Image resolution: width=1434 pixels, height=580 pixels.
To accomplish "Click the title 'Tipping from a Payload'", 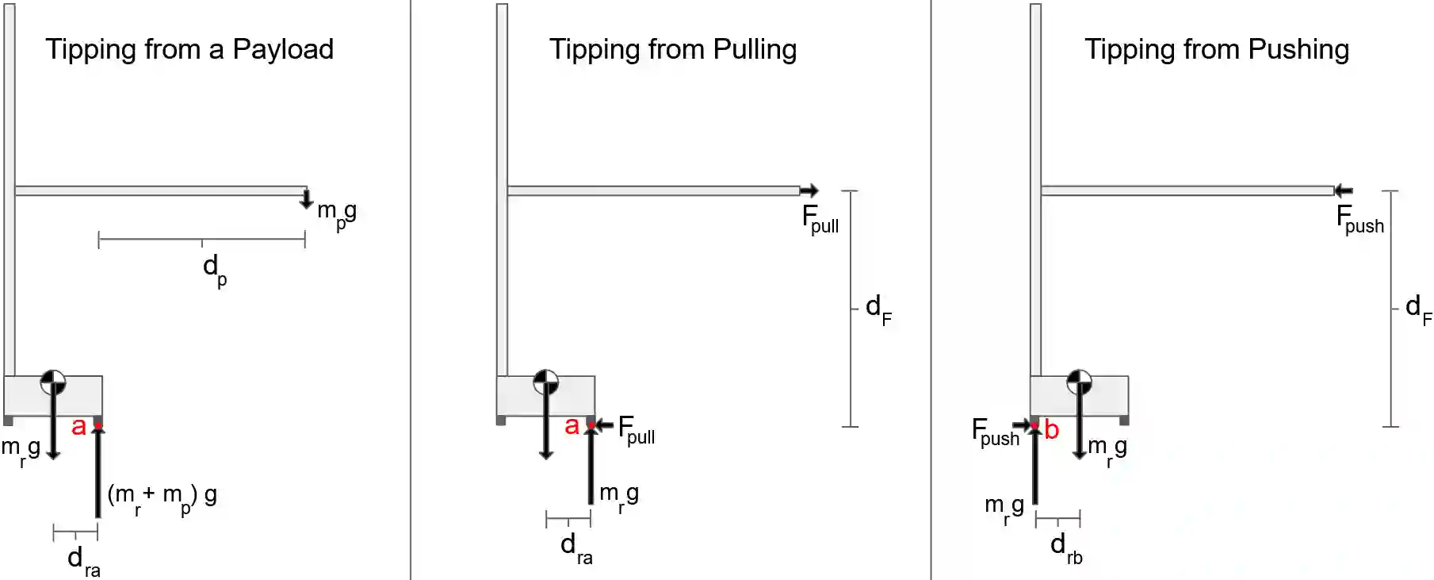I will tap(189, 50).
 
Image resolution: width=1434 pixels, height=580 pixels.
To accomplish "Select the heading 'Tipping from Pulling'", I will tap(673, 50).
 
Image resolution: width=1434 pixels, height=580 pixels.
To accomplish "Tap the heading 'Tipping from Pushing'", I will tap(1217, 50).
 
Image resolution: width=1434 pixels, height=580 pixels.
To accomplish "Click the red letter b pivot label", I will tap(1051, 429).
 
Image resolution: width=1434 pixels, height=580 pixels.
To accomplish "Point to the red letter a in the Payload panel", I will tap(78, 426).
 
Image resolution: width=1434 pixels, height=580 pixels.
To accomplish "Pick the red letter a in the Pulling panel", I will tap(572, 426).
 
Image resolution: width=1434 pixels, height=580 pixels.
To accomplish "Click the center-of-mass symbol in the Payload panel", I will tap(53, 382).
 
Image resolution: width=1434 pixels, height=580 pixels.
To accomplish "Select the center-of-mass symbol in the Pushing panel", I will tap(1079, 382).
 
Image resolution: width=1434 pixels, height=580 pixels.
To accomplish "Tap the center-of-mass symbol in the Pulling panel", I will tap(546, 382).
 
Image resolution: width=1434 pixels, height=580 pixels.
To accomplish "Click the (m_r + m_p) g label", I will tap(162, 497).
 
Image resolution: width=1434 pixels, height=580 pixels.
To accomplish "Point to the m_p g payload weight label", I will tap(337, 213).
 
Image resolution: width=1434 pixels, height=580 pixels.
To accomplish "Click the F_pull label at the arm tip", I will tap(820, 219).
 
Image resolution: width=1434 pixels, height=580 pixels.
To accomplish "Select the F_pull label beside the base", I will tap(636, 430).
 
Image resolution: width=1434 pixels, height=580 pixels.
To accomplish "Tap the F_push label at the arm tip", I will tap(1359, 219).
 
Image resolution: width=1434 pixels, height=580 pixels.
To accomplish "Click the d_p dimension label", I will tap(215, 268).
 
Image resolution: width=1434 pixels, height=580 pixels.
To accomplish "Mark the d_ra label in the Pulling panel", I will tap(576, 547).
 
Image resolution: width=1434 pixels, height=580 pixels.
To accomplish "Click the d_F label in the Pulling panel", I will tap(878, 308).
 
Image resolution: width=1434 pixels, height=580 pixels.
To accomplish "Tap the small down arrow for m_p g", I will tap(307, 198).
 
